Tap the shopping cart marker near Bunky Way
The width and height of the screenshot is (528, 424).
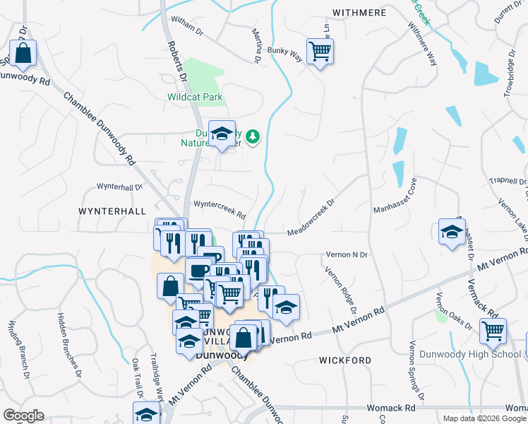320,52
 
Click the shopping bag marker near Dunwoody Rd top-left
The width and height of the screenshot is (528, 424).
23,53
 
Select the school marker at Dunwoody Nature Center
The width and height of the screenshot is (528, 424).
222,133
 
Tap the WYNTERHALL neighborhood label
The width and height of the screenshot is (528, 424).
112,211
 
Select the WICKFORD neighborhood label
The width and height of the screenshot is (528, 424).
345,360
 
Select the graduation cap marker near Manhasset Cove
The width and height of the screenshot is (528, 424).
452,232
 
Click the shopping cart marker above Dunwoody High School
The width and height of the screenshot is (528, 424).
493,330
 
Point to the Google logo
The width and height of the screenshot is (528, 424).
23,416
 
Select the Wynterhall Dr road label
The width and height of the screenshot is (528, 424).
119,188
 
